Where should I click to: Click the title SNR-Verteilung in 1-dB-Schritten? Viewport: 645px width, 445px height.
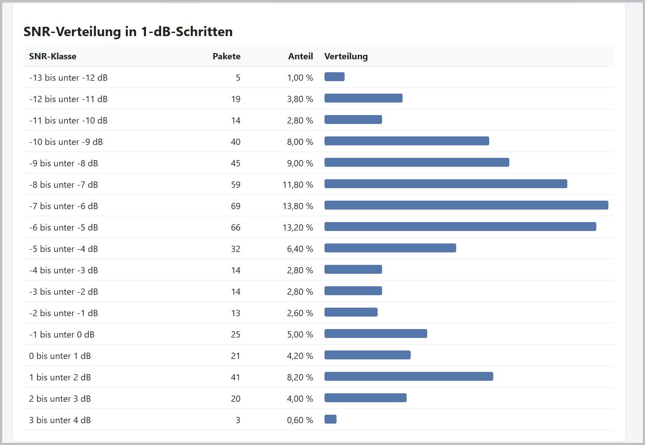tap(128, 32)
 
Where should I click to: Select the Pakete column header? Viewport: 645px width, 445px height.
tap(226, 56)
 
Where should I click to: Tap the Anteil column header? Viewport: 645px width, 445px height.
tap(300, 56)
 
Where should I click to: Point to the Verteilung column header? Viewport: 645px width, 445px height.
tap(346, 56)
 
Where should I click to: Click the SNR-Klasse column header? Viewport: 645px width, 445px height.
tap(53, 56)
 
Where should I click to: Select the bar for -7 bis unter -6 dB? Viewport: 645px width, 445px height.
tap(466, 205)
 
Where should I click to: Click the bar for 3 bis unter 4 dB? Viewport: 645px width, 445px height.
tap(330, 419)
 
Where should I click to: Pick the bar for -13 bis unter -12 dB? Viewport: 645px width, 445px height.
tap(334, 77)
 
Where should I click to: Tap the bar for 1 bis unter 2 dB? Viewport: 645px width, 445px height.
tap(408, 376)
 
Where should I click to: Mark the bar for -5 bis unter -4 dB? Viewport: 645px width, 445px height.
tap(390, 248)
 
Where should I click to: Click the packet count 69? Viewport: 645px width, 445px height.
tap(236, 206)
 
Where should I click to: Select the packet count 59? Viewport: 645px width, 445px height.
tap(236, 185)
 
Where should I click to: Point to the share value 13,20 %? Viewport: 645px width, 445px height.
tap(298, 227)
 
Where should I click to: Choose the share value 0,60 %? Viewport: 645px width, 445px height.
tap(300, 420)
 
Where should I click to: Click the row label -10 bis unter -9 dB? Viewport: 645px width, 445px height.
tap(66, 142)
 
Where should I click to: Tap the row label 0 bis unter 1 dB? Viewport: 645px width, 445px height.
tap(60, 356)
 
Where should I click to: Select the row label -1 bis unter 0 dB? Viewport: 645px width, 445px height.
tap(62, 334)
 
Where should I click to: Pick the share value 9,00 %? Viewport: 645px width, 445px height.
tap(300, 163)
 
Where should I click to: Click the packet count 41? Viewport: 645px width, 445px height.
tap(236, 377)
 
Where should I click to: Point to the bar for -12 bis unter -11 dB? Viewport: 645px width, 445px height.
tap(363, 98)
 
